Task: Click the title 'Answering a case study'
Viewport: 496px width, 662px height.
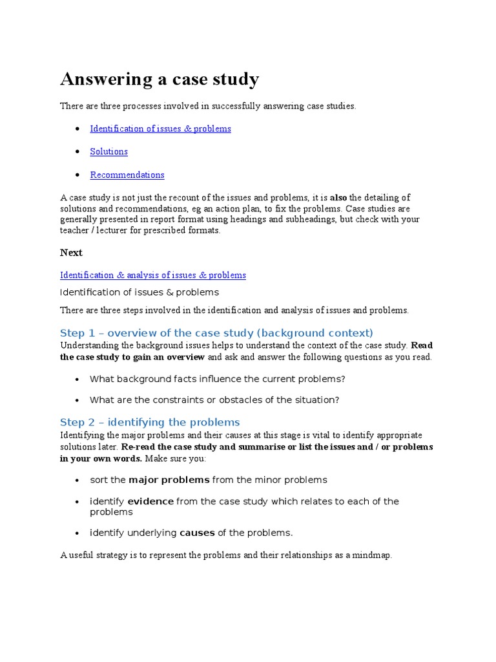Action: point(160,80)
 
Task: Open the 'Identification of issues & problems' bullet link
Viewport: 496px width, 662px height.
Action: point(160,129)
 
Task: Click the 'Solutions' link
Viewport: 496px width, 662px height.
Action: point(108,151)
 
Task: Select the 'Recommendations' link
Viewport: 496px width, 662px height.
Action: point(127,175)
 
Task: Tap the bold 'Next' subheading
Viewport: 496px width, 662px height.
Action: point(71,253)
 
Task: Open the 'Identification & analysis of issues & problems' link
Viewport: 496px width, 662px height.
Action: point(153,275)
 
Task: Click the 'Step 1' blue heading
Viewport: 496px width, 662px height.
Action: point(216,333)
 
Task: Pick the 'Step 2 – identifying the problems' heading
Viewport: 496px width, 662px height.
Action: point(150,422)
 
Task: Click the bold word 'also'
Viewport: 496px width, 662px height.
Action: point(338,198)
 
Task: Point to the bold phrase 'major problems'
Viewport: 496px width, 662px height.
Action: point(169,480)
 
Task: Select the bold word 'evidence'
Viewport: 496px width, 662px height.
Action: point(150,501)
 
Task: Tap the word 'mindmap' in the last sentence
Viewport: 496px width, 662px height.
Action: point(371,555)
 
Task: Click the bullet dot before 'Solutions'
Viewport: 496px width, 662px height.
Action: point(77,152)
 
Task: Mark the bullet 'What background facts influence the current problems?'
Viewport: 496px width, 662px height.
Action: point(218,379)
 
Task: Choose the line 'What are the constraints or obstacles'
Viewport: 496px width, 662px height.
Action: point(214,400)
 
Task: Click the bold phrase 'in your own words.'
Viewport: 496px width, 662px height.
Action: point(101,458)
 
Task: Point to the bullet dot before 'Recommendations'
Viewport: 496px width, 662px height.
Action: point(77,175)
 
